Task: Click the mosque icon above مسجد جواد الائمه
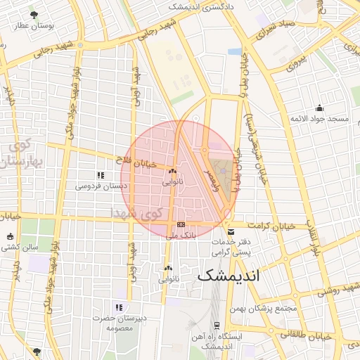point(320,108)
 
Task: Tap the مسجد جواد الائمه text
point(320,120)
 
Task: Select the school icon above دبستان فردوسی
point(101,174)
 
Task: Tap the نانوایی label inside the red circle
point(172,182)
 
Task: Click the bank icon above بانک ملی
point(181,225)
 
